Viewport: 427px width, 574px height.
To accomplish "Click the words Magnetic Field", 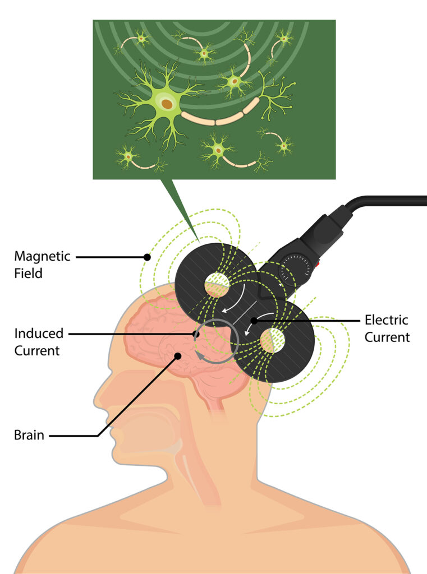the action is coord(42,265).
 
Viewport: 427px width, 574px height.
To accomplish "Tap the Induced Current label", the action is coord(39,341).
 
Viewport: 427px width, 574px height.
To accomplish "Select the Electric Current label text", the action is coord(387,328).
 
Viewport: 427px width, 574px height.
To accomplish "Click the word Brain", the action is coord(29,435).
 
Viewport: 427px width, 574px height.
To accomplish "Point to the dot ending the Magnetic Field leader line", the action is coord(147,257).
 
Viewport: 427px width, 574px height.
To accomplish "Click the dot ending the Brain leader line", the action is coord(178,355).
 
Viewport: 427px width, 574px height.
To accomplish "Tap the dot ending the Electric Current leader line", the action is coord(254,321).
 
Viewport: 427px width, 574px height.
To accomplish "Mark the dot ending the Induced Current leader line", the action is coord(196,334).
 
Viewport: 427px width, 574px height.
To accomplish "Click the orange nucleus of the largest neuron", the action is coord(167,104).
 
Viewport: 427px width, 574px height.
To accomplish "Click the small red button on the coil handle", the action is coord(318,263).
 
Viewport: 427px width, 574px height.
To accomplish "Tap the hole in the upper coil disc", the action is coord(217,284).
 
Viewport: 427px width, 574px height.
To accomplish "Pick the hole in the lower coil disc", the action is coord(272,340).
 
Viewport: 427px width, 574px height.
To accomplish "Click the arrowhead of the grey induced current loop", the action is coord(199,356).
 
